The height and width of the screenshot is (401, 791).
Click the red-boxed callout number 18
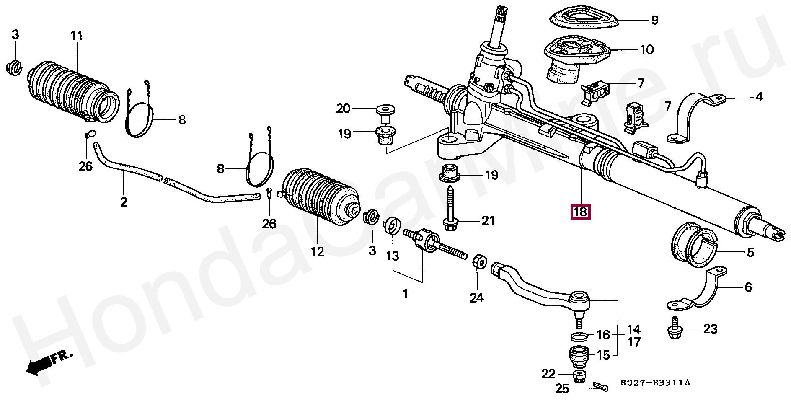click(x=580, y=212)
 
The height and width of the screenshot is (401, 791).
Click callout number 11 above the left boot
click(x=76, y=36)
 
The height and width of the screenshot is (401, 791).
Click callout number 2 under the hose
click(x=123, y=202)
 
